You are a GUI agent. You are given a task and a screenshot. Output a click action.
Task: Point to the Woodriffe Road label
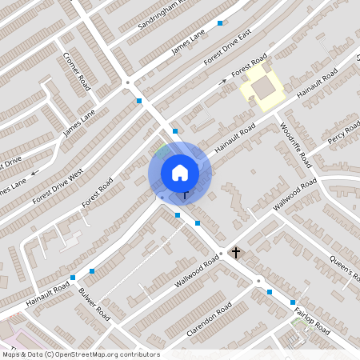[x=294, y=144]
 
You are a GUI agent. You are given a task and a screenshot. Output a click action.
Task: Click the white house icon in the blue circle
[x=180, y=172]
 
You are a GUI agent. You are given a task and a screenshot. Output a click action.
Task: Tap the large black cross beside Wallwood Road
[x=235, y=253]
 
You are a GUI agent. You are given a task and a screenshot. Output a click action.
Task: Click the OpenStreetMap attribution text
[x=80, y=354]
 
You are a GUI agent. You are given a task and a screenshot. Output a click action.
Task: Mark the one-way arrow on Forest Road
[x=224, y=81]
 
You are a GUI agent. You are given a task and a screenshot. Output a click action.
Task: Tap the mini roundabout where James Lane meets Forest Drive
[x=127, y=82]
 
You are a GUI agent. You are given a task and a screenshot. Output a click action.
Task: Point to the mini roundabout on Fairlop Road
[x=258, y=281]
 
